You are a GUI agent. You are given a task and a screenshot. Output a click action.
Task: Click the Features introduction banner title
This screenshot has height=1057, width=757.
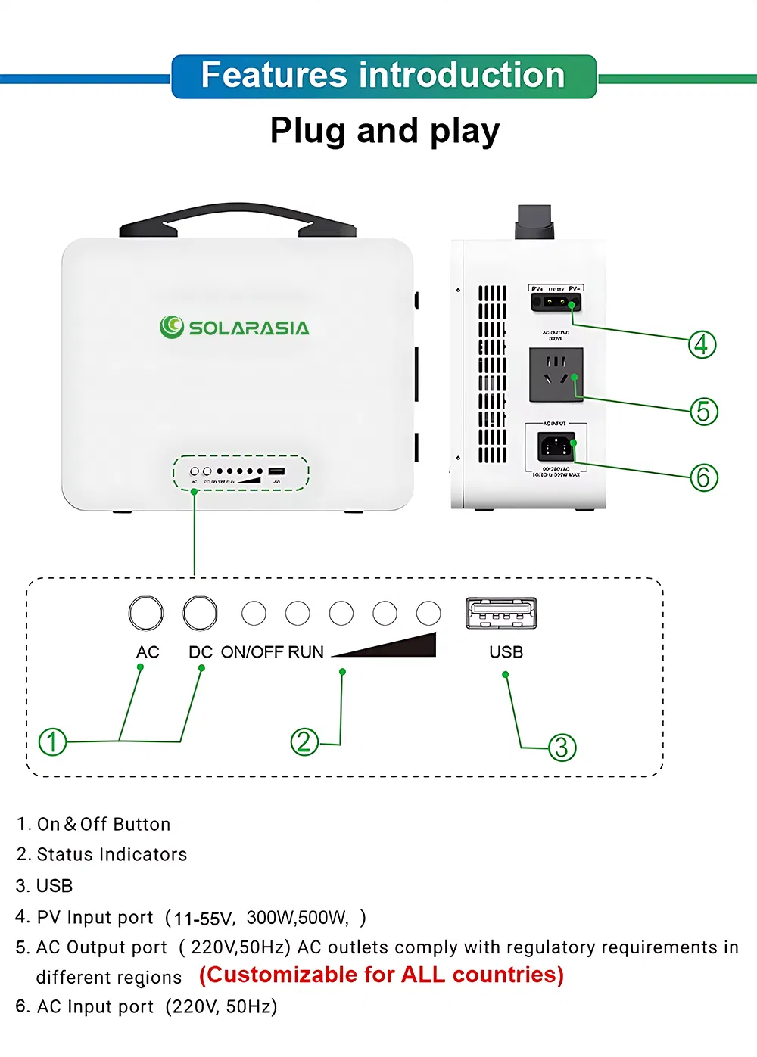[x=383, y=76]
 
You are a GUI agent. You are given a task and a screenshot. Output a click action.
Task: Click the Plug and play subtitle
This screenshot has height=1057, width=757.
[x=385, y=131]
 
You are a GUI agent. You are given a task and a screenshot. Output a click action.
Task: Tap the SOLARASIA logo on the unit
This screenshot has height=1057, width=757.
[x=235, y=327]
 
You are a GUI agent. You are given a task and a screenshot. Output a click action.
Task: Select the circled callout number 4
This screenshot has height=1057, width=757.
[x=702, y=344]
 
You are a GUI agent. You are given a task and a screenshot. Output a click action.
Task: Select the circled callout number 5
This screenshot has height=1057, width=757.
[x=703, y=411]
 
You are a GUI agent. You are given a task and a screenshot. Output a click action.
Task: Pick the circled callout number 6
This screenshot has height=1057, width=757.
[x=703, y=477]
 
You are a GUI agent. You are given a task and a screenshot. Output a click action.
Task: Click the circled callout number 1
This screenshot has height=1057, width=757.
[x=52, y=741]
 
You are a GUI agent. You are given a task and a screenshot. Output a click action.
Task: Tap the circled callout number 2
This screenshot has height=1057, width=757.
[x=304, y=742]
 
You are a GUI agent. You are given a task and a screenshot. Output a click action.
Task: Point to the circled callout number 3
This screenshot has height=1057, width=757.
[x=562, y=748]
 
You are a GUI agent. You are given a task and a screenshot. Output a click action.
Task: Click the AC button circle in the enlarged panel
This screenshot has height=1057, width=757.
[x=145, y=613]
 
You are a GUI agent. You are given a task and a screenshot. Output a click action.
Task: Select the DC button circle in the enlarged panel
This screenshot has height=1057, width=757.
[x=200, y=613]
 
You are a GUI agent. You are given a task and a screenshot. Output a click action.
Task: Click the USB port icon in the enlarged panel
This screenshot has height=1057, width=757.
[x=501, y=613]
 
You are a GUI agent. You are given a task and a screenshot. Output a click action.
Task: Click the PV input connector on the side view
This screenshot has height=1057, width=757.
[x=556, y=303]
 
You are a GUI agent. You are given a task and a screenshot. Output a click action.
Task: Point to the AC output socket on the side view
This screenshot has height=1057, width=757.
[x=556, y=374]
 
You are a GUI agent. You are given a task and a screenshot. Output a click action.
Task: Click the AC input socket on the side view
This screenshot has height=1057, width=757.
[x=556, y=446]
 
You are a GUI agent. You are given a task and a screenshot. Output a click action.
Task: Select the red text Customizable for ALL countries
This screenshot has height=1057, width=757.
[x=382, y=975]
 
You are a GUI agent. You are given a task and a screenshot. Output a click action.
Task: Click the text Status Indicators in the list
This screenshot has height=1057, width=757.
[x=111, y=854]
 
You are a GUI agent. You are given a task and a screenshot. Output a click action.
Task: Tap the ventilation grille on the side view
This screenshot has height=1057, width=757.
[x=492, y=374]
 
